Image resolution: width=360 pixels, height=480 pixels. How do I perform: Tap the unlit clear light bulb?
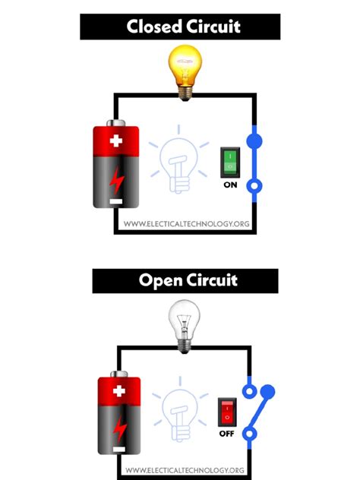pyautogui.click(x=183, y=322)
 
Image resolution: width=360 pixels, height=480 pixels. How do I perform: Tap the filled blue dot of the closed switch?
pyautogui.click(x=254, y=141)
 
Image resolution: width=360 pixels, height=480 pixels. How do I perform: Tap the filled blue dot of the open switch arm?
pyautogui.click(x=267, y=392)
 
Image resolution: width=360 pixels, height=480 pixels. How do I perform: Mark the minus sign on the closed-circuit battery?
pyautogui.click(x=115, y=201)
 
